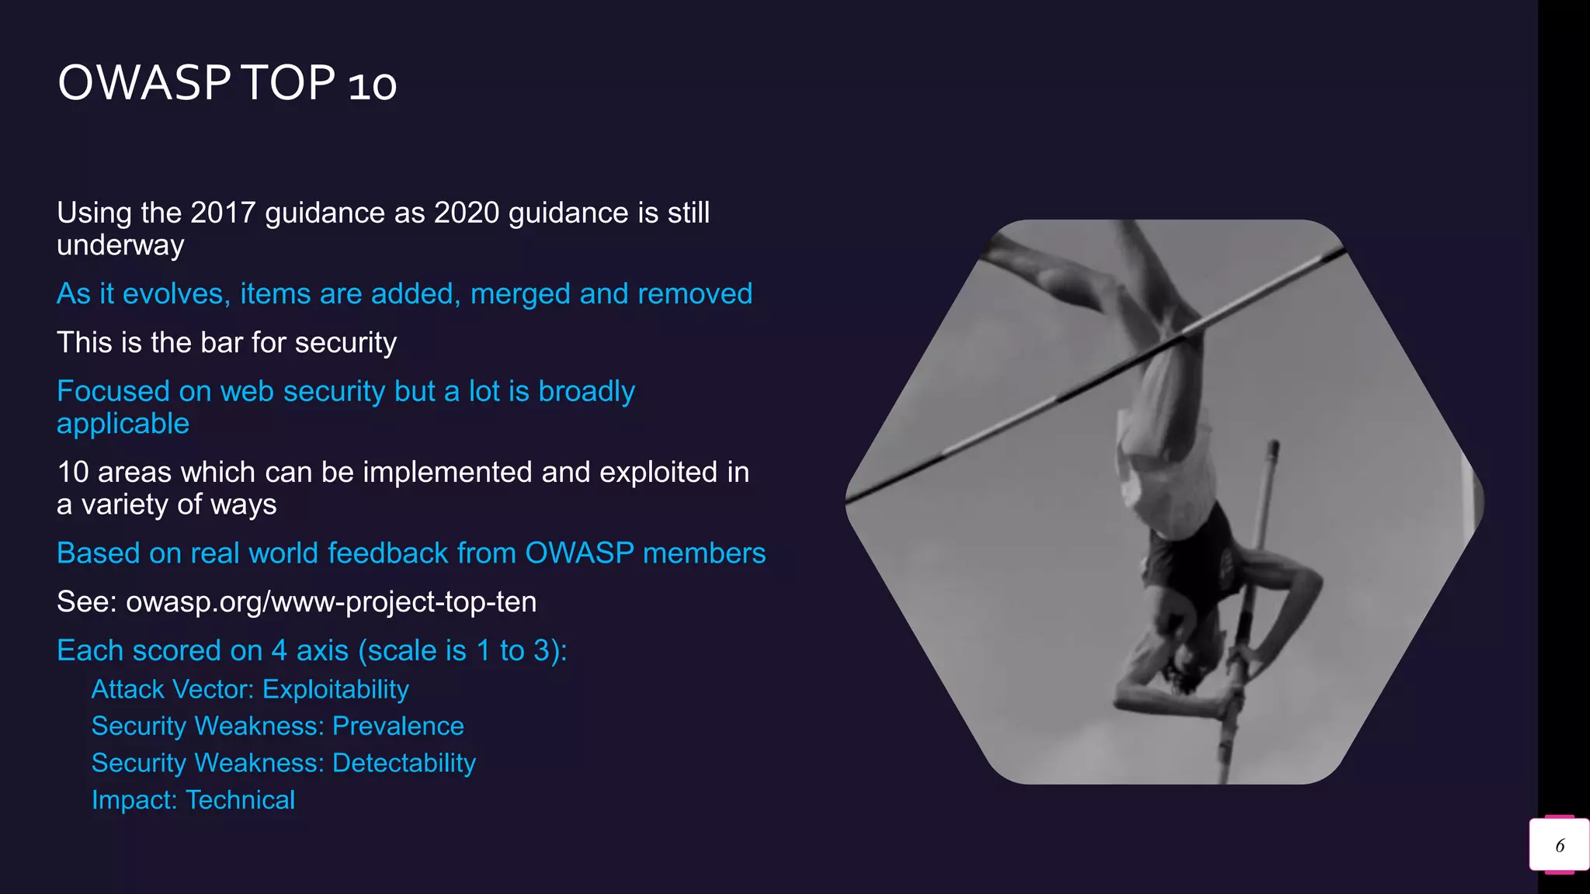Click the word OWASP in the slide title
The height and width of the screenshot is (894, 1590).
point(144,83)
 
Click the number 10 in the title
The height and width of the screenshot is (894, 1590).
point(373,85)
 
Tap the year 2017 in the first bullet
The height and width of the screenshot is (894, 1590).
point(223,213)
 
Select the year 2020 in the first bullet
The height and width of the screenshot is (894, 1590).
point(467,213)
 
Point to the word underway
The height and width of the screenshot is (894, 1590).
point(120,245)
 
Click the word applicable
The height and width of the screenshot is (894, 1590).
point(123,424)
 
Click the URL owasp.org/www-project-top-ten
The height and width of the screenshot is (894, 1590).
point(331,602)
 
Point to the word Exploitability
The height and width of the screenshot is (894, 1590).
point(335,689)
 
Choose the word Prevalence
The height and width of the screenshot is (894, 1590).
point(397,726)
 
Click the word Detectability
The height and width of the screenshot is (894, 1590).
point(404,763)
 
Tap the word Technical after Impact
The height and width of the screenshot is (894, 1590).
point(241,800)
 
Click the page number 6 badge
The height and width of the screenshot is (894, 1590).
point(1559,845)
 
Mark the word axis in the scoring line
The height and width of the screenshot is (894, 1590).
point(322,651)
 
